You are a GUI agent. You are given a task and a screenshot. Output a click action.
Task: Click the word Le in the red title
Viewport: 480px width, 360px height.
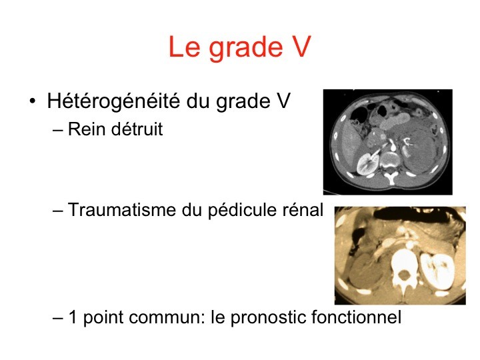[185, 47]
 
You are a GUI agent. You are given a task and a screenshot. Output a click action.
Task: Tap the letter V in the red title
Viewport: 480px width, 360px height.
[300, 47]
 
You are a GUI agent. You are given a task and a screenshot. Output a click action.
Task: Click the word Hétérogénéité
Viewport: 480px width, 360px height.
[113, 101]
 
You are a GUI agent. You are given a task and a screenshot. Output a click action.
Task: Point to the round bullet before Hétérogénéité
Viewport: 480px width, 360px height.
[33, 101]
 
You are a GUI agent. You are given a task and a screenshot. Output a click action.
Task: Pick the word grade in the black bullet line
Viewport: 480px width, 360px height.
[243, 102]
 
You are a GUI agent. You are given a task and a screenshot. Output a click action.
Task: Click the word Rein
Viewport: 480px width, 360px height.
[87, 129]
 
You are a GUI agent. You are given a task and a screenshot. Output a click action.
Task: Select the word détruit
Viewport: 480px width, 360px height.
[137, 129]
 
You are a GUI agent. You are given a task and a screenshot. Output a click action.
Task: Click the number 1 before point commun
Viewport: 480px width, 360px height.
[73, 317]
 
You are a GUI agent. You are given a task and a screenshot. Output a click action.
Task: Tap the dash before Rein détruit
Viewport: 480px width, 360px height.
[57, 131]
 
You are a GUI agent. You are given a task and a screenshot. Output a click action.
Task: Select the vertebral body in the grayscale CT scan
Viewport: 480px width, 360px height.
[389, 159]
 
